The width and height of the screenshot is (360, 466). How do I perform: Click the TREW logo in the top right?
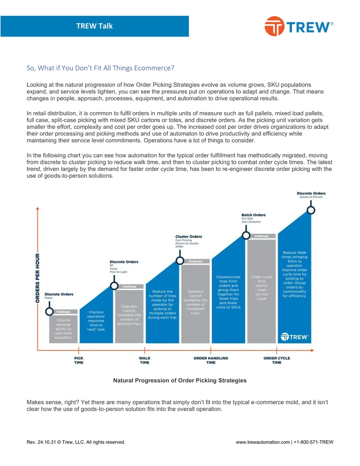tap(299, 26)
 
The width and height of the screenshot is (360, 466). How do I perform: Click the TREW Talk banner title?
tap(94, 26)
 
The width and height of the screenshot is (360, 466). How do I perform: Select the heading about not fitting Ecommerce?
tap(100, 68)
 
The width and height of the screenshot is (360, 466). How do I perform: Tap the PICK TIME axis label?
tap(79, 360)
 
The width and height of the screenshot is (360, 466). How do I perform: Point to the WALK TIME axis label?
tap(144, 360)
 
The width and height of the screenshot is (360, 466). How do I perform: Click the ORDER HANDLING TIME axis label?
tap(211, 360)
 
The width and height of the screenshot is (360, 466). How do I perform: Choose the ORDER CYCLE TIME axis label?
tap(277, 360)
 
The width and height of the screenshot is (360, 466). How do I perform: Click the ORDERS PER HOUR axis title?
tap(37, 278)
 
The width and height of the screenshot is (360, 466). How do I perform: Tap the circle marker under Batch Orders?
tap(246, 235)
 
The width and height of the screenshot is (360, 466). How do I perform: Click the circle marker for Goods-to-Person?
tap(311, 210)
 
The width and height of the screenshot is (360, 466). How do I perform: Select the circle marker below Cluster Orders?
tap(180, 261)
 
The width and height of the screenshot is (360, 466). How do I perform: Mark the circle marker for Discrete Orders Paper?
tap(49, 312)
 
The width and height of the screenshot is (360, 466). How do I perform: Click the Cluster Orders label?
tap(189, 236)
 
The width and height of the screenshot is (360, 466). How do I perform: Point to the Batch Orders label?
tap(253, 215)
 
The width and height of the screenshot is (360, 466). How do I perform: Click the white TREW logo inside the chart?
tap(295, 337)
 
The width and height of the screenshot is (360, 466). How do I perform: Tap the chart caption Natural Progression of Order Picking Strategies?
tap(180, 380)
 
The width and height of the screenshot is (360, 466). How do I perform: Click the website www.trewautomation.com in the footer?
tap(263, 442)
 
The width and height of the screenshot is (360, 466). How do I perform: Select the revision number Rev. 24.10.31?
tap(41, 442)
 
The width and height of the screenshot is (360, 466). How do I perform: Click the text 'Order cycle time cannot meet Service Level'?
tap(262, 288)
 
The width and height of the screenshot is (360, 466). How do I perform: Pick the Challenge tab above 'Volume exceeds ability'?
tap(63, 312)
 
